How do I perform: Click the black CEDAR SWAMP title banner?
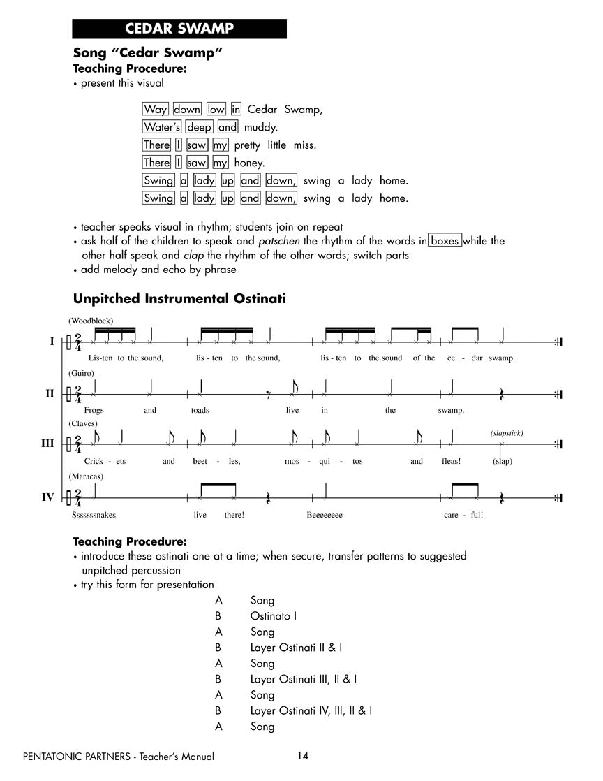(179, 29)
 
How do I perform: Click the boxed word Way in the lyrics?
(155, 109)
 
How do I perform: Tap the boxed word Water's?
(162, 127)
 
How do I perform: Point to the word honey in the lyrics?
(249, 163)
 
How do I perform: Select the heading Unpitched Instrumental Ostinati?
(179, 299)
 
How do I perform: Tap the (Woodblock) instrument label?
(91, 321)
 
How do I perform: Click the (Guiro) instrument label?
(81, 374)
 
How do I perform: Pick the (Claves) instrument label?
(83, 424)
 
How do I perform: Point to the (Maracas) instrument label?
(86, 476)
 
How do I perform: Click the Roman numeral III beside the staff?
(47, 444)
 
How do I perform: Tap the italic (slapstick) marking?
(506, 433)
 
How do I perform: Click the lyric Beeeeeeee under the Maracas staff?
(325, 515)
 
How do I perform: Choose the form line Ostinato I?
(274, 616)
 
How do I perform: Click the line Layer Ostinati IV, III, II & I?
(311, 710)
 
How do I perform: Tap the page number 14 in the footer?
(302, 755)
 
